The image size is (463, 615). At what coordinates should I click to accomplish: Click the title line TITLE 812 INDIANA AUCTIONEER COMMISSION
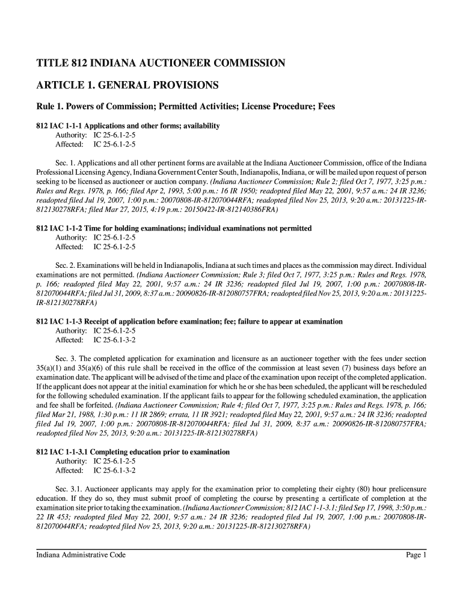pos(161,62)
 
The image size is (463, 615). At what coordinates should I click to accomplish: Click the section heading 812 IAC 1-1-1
pos(128,126)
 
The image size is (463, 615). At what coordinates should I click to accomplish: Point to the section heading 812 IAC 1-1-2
pos(174,229)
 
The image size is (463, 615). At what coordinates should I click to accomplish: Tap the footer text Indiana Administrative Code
pos(81,555)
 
